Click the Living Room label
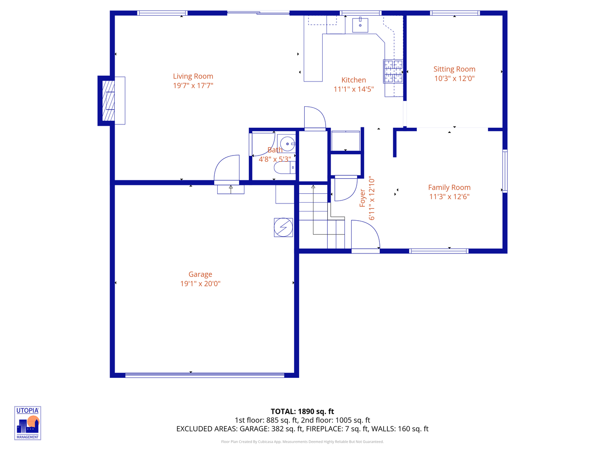(x=193, y=76)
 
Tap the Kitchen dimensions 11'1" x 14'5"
(x=353, y=89)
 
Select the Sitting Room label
(x=454, y=69)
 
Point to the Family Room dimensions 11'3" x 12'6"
(x=449, y=197)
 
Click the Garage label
(x=200, y=275)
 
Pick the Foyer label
(x=362, y=198)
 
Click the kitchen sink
(x=360, y=25)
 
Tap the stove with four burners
(x=393, y=71)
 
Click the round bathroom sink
(x=287, y=144)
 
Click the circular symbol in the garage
(x=283, y=227)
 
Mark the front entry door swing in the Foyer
(x=365, y=235)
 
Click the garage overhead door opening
(x=205, y=375)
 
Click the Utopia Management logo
(x=28, y=423)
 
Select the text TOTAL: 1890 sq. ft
(x=302, y=412)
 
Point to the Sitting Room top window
(x=455, y=13)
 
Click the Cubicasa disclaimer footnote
(x=302, y=442)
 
